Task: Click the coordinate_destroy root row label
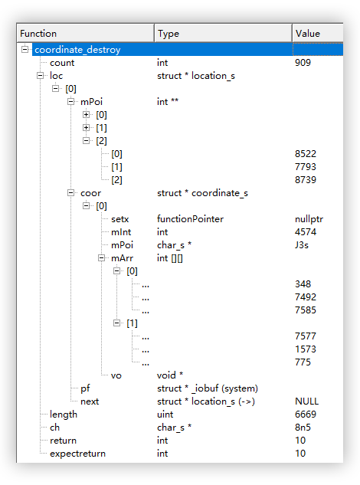[x=77, y=50]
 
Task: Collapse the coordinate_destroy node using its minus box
[x=25, y=49]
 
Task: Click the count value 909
[x=303, y=63]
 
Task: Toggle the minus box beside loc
[x=40, y=76]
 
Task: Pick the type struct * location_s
[x=196, y=76]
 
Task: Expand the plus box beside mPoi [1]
[x=87, y=127]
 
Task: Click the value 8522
[x=306, y=154]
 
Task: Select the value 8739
[x=306, y=180]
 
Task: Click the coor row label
[x=90, y=193]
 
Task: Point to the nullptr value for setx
[x=309, y=219]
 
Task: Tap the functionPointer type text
[x=190, y=219]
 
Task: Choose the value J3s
[x=302, y=245]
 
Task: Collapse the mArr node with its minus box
[x=101, y=257]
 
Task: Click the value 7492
[x=306, y=297]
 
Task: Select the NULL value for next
[x=307, y=401]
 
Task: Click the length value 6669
[x=306, y=415]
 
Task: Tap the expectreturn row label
[x=77, y=454]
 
